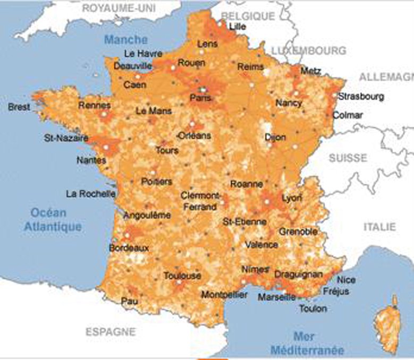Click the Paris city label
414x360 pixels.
coord(200,98)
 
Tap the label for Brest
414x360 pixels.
coord(19,107)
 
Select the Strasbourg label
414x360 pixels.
coord(361,97)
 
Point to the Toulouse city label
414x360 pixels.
coord(182,276)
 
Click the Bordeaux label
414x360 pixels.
coord(129,248)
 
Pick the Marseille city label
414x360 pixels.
coord(277,297)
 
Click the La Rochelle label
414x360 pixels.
coord(90,194)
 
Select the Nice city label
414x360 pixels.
coord(347,280)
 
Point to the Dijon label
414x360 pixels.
coord(275,138)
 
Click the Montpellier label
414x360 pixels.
coord(224,294)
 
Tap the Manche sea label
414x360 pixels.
coord(125,40)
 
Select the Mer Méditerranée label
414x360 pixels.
coord(307,342)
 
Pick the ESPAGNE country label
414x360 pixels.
coord(111,332)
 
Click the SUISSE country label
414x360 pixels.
coord(348,158)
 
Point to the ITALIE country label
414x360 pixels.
coord(379,227)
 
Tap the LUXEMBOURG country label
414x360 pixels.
coord(308,50)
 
